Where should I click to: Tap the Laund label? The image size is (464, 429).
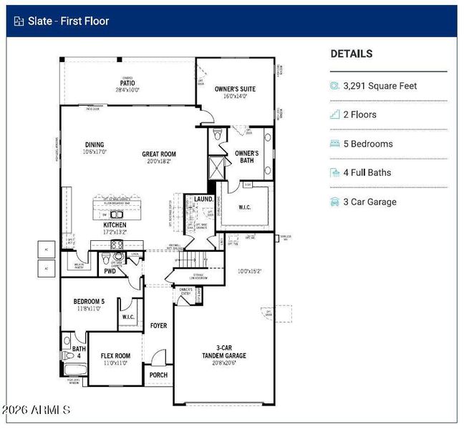tap(203, 199)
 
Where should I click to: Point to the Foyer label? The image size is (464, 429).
tap(158, 326)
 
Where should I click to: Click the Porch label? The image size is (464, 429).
tap(158, 375)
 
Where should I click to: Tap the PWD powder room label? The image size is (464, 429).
tap(110, 271)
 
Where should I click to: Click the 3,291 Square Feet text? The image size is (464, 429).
tap(380, 86)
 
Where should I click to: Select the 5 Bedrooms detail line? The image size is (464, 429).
tap(368, 144)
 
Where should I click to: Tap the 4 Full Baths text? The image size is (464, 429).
tap(367, 172)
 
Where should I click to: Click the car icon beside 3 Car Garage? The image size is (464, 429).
tap(334, 202)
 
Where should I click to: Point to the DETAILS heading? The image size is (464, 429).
tap(351, 54)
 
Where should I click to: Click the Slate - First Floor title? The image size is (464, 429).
tap(69, 21)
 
